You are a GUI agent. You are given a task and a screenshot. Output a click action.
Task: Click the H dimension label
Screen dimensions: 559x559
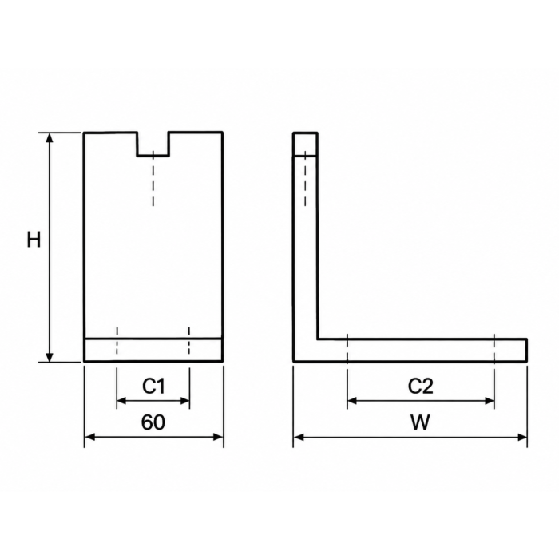tap(34, 240)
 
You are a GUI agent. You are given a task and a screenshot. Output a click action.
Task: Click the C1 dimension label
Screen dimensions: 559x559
tap(153, 386)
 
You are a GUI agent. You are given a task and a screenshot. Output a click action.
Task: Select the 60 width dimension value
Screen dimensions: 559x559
tap(153, 422)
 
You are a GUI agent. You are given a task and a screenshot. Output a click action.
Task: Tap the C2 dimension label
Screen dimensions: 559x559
tap(421, 386)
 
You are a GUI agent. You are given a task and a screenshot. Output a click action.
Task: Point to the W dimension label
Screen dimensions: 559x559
tap(421, 422)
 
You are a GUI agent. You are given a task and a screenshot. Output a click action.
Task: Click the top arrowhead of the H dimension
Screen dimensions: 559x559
tap(50, 137)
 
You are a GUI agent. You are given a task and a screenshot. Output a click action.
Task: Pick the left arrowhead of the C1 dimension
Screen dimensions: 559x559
tap(121, 401)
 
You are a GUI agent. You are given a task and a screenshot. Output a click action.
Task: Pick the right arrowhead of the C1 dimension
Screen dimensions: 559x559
tap(185, 401)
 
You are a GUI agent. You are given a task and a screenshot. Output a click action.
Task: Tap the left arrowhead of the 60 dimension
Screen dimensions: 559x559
tap(89, 437)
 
